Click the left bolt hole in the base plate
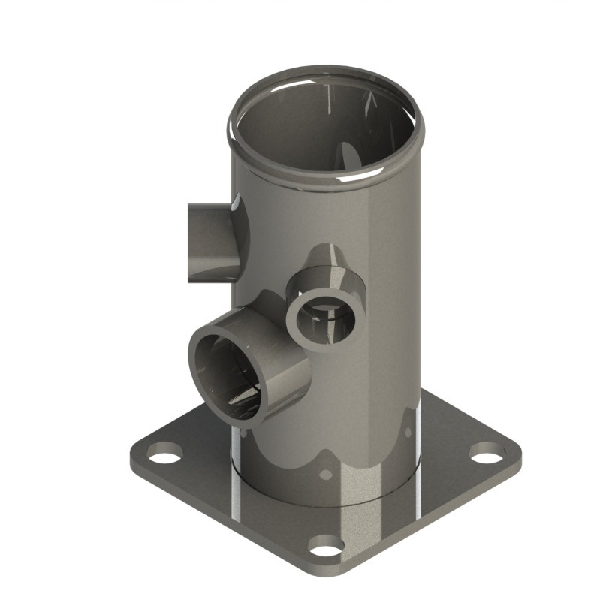click(164, 453)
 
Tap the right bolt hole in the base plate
click(488, 454)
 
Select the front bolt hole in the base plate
click(327, 546)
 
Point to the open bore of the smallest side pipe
click(324, 318)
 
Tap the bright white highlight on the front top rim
click(353, 180)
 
